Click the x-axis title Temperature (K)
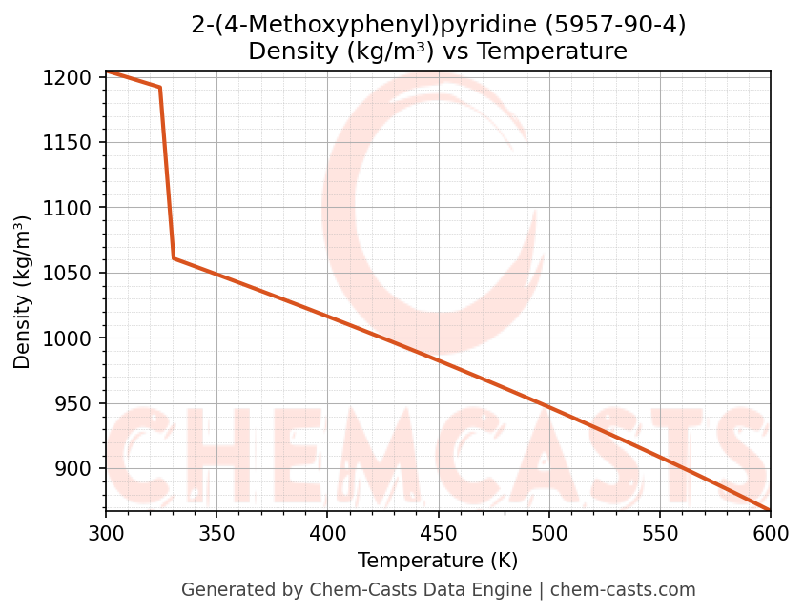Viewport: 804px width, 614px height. click(438, 561)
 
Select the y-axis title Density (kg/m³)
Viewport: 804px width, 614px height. click(23, 293)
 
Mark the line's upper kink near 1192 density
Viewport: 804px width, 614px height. click(159, 88)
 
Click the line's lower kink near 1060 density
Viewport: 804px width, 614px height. click(174, 258)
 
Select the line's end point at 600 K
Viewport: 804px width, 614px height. click(769, 510)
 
